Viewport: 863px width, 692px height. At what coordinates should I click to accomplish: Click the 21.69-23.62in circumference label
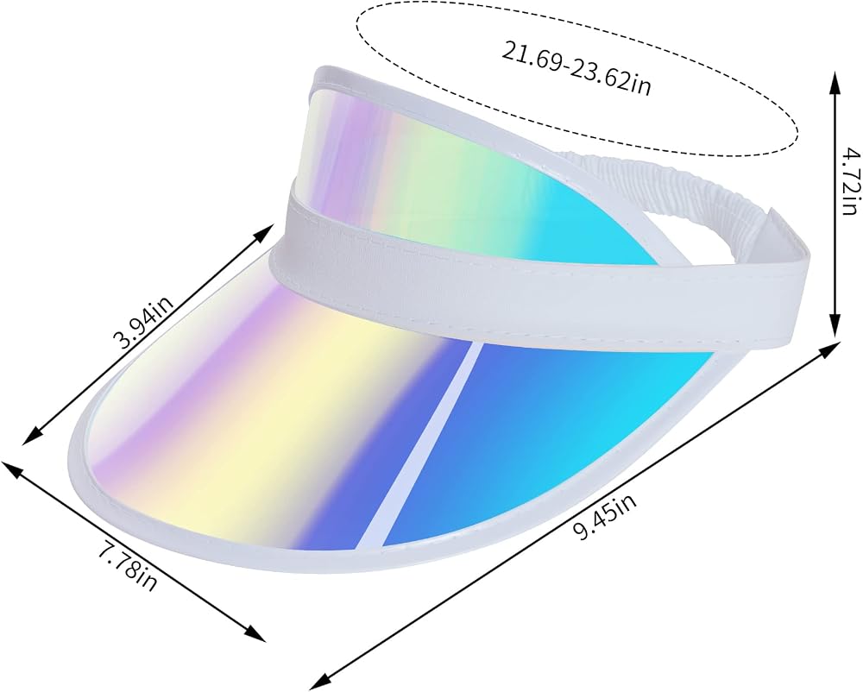[x=576, y=68]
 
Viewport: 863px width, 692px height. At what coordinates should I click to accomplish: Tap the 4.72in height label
[x=850, y=181]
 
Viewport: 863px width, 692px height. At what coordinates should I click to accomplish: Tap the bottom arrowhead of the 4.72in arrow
[x=835, y=325]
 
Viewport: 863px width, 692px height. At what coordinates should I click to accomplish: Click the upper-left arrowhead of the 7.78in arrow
[x=13, y=469]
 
